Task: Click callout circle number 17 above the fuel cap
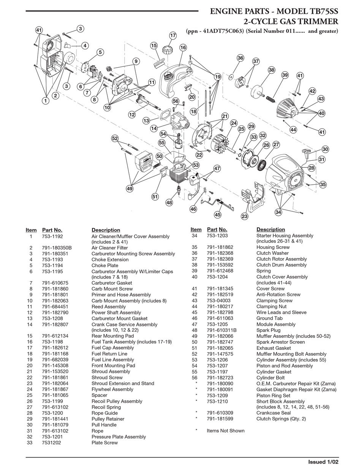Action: [x=173, y=36]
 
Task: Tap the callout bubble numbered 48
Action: [x=169, y=203]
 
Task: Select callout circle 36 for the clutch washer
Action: [x=240, y=58]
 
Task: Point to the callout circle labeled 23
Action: [x=244, y=216]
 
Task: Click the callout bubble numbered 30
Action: [x=325, y=149]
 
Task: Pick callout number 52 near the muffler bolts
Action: [x=115, y=139]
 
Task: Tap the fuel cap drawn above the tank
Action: [x=168, y=50]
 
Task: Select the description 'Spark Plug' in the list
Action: [x=268, y=330]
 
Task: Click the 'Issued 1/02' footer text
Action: [x=323, y=462]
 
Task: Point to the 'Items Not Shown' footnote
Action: [x=225, y=431]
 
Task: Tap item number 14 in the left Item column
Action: [x=30, y=325]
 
